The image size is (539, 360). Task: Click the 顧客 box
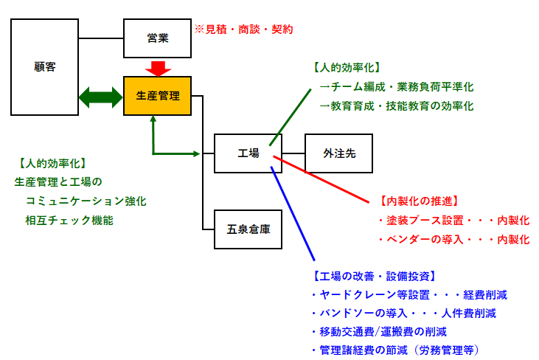44,67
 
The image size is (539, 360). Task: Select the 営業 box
157,38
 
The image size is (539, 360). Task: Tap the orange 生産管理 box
157,96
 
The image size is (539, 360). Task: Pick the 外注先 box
338,153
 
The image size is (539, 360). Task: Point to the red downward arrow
157,68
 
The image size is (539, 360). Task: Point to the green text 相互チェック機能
69,219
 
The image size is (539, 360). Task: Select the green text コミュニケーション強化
86,200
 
